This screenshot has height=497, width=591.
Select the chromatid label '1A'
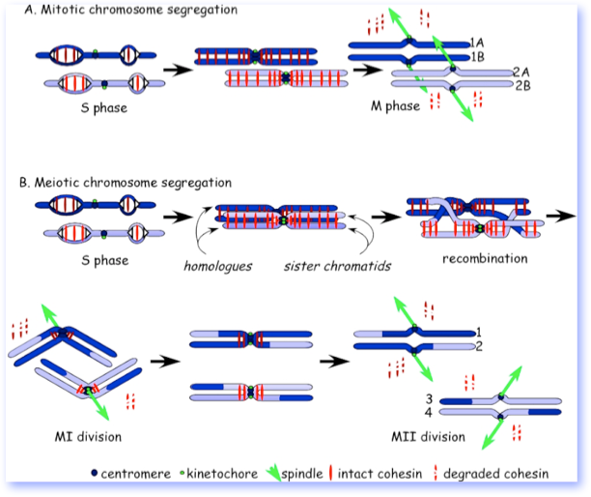pos(477,42)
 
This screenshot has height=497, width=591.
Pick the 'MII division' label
pos(431,437)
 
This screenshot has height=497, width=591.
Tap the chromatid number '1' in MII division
pos(480,332)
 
